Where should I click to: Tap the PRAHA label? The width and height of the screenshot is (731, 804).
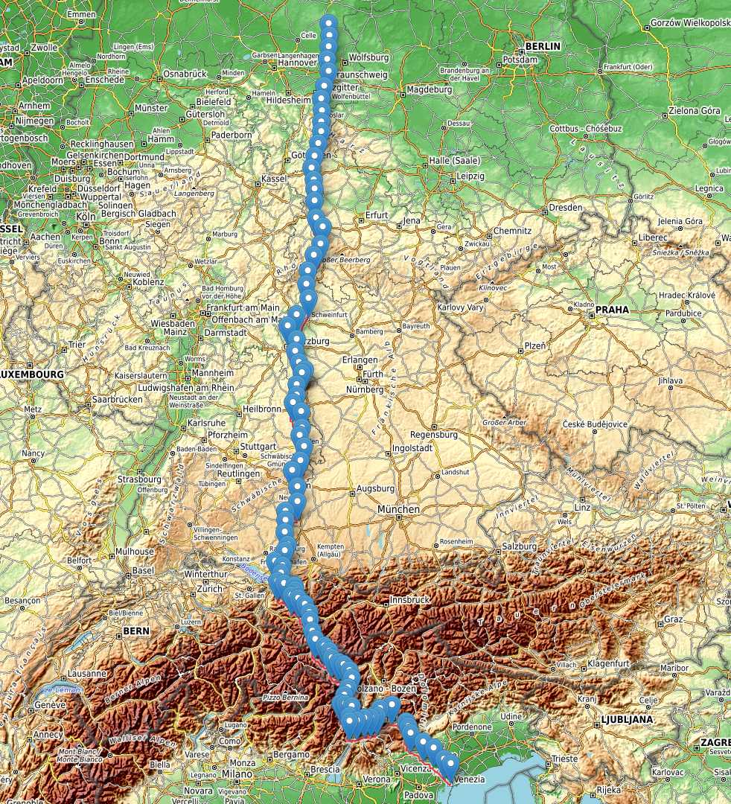tap(612, 309)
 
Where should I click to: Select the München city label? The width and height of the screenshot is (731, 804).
tap(398, 508)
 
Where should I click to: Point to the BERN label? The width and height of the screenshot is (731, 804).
tap(136, 631)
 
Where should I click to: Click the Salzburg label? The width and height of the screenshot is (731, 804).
tap(520, 546)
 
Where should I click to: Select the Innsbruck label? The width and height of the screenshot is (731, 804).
tap(410, 599)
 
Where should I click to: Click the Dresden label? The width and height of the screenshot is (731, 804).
tap(566, 207)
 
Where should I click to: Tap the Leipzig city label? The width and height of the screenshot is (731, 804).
tap(470, 176)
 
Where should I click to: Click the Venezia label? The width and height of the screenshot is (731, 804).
tap(469, 779)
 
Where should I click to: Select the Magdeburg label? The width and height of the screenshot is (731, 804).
tap(429, 89)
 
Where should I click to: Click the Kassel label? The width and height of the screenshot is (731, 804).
tap(275, 179)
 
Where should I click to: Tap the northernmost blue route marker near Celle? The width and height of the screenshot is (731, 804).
tap(328, 22)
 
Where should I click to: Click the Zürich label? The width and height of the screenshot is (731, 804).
tap(210, 588)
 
